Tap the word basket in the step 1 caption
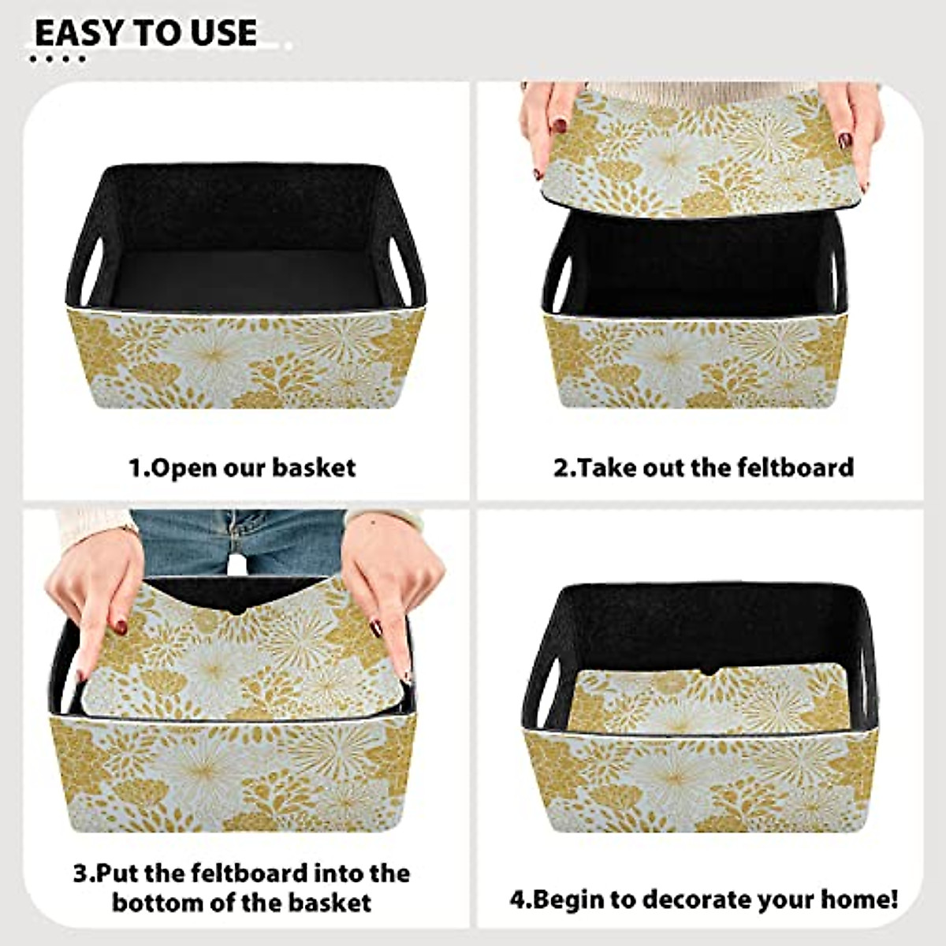tap(314, 467)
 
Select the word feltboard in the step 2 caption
tap(795, 467)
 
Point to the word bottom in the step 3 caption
tap(156, 901)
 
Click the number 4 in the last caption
tap(517, 899)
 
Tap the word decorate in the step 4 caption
tap(685, 899)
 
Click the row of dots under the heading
tap(60, 59)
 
